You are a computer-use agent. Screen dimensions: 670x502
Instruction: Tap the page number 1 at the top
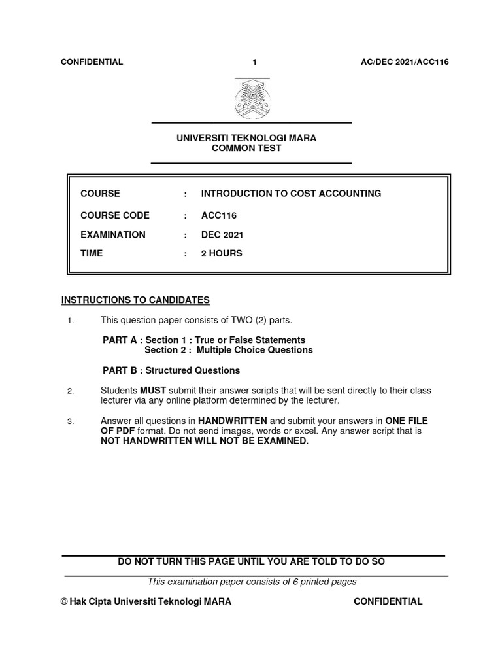click(255, 62)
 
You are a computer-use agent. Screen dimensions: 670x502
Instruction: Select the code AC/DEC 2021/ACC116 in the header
click(405, 62)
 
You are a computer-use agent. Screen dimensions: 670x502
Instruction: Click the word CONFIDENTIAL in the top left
click(92, 62)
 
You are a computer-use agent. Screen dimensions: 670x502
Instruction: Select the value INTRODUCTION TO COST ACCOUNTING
click(291, 194)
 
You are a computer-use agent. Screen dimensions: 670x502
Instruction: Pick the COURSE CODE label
click(115, 215)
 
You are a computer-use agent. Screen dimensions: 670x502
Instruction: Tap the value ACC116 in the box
click(218, 215)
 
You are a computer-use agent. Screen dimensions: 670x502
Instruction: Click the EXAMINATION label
click(113, 234)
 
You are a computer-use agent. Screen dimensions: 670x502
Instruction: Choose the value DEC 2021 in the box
click(222, 234)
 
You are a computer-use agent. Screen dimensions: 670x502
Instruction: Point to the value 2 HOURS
click(222, 253)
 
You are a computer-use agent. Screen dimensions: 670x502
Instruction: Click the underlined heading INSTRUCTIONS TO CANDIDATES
click(135, 300)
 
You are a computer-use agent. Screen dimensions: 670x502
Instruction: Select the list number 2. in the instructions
click(71, 391)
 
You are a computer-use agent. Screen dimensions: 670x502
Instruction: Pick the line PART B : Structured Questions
click(171, 370)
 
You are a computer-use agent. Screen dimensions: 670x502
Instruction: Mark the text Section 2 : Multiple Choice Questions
click(228, 350)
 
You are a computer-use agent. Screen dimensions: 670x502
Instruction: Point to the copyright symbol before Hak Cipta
click(63, 602)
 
